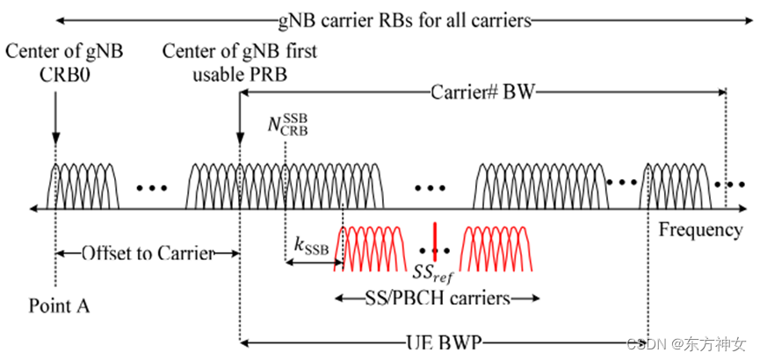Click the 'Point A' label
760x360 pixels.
[60, 306]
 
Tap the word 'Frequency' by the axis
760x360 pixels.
[700, 230]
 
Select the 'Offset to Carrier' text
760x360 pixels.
[148, 254]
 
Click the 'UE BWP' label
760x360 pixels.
[446, 342]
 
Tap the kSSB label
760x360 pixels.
[311, 248]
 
